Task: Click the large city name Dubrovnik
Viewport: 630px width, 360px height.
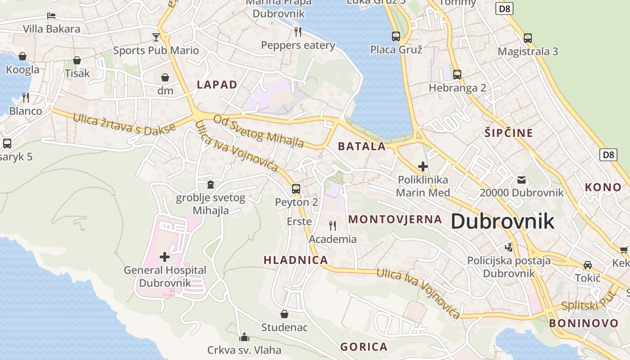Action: tap(502, 221)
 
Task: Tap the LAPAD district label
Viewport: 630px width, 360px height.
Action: tap(217, 85)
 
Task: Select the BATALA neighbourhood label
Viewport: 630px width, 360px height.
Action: tap(362, 146)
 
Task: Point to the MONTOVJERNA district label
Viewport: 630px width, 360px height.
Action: tap(395, 220)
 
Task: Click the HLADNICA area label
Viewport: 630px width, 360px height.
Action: tap(296, 260)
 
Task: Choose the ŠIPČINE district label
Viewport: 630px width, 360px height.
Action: tap(508, 133)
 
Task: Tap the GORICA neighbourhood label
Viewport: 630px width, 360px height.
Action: tap(364, 347)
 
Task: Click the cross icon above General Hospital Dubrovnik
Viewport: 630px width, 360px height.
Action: tap(165, 257)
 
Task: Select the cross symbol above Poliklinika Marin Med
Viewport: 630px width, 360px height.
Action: tap(423, 166)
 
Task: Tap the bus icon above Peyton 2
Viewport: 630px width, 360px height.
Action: tap(296, 189)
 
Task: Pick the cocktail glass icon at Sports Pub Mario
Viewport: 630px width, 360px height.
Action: tap(156, 36)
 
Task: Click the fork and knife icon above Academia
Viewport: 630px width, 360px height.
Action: tap(333, 225)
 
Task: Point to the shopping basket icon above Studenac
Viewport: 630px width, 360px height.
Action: tap(284, 314)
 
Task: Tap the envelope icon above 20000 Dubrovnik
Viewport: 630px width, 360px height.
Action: tap(521, 180)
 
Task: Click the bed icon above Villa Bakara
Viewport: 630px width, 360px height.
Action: tap(51, 16)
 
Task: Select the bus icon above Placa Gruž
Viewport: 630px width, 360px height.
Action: tap(396, 36)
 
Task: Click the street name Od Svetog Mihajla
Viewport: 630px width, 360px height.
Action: tap(258, 131)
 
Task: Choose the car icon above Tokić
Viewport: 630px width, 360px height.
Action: tap(587, 265)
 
